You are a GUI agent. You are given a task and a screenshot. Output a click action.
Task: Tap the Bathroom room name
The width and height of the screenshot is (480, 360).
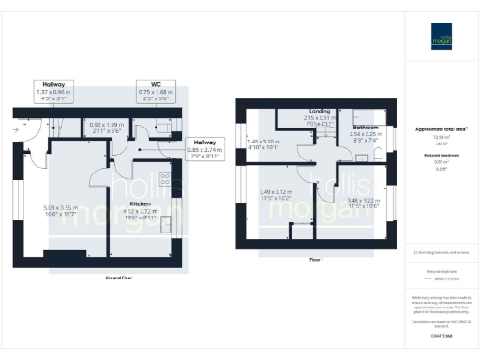tap(366, 126)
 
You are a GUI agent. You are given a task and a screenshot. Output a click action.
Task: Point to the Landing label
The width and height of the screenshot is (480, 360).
tap(321, 111)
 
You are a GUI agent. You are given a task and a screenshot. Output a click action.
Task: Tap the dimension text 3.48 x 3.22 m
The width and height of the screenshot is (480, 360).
tap(366, 199)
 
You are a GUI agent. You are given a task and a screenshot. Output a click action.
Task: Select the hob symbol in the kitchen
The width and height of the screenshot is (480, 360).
tap(165, 181)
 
